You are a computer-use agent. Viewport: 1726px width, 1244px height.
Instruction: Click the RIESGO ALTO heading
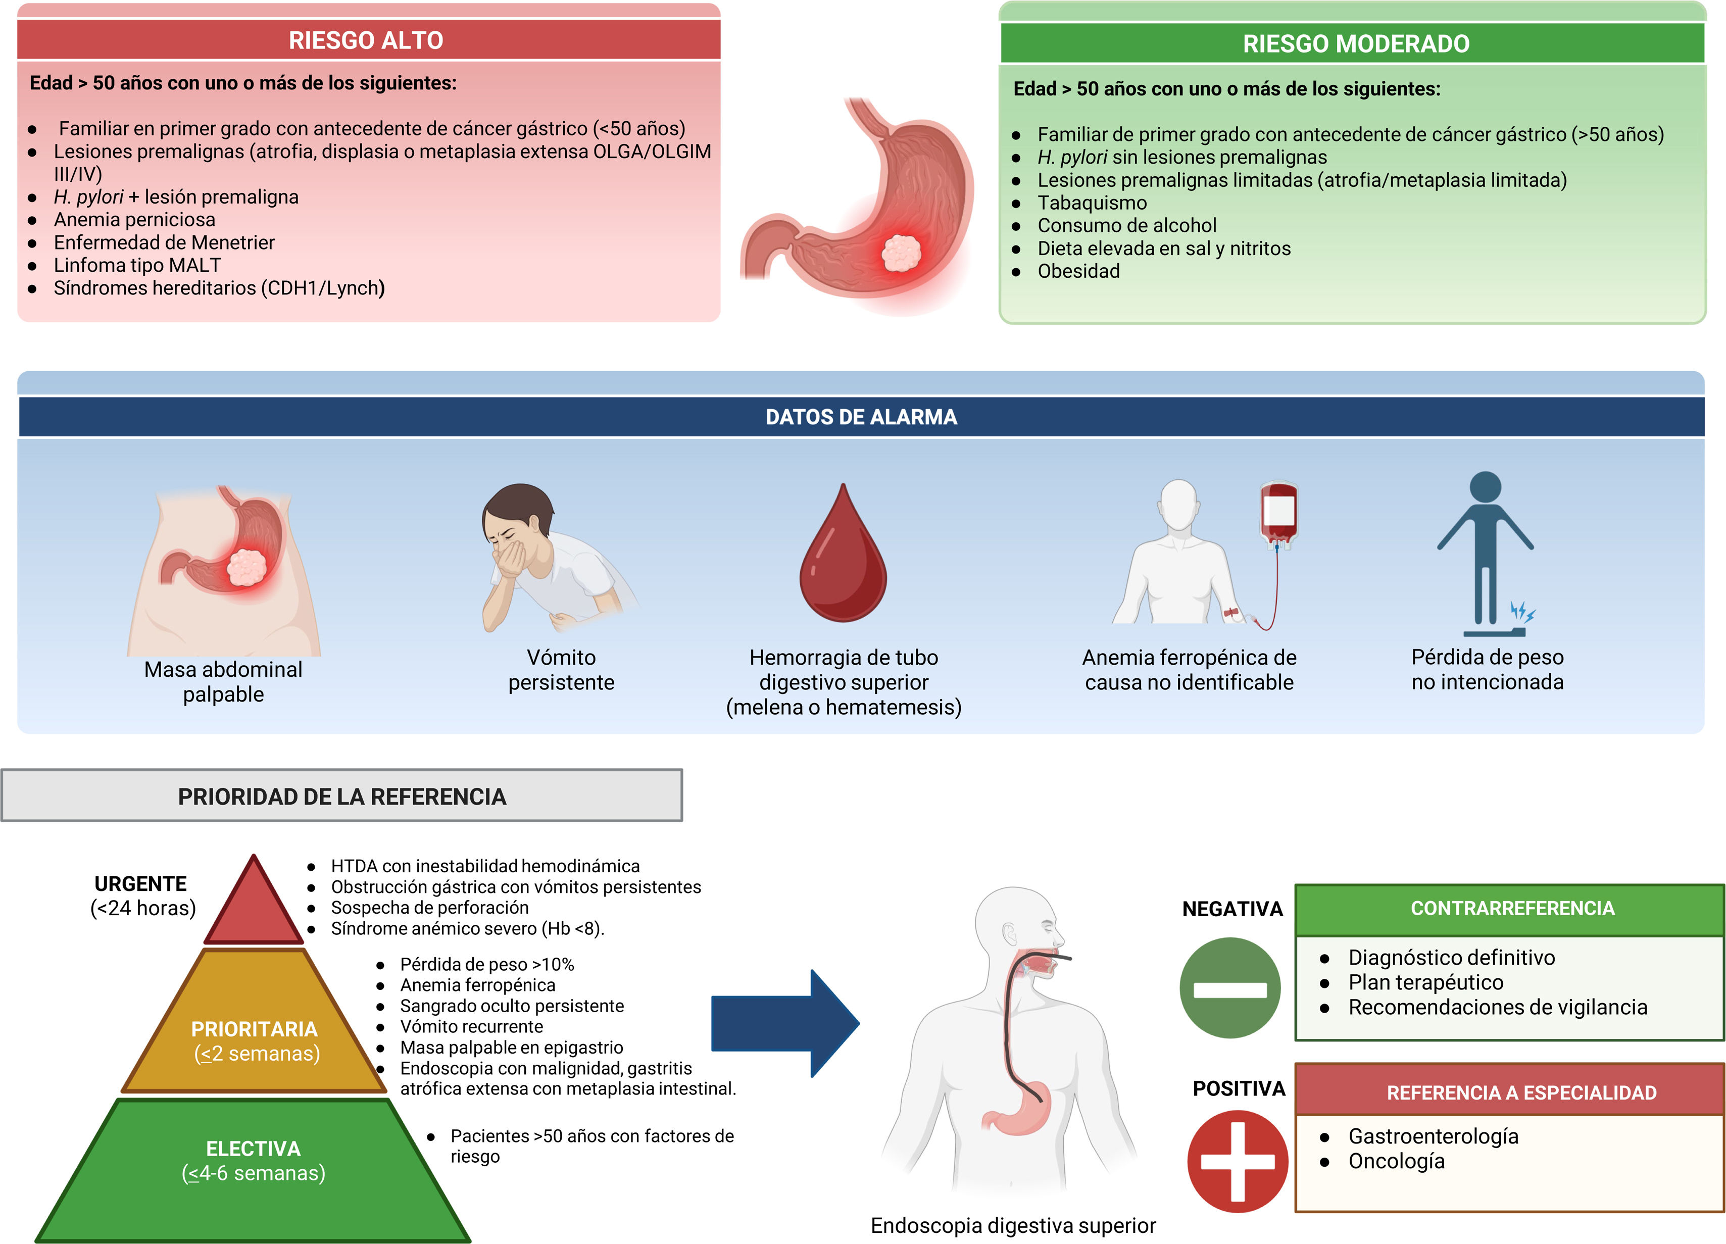366,40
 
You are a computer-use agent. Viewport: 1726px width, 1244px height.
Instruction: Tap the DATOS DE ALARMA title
861,417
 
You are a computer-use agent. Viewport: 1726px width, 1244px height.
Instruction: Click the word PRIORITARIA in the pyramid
254,1029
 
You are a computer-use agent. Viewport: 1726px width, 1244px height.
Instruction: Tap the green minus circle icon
1230,987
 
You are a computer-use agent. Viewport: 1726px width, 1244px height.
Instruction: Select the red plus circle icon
1238,1161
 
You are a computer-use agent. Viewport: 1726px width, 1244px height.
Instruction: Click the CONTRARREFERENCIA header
1512,909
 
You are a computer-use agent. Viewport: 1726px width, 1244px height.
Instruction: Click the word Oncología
1397,1161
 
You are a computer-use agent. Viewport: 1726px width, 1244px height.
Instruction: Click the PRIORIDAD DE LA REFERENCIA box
341,796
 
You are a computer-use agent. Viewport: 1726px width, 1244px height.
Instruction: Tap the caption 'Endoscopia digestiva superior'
1013,1226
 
